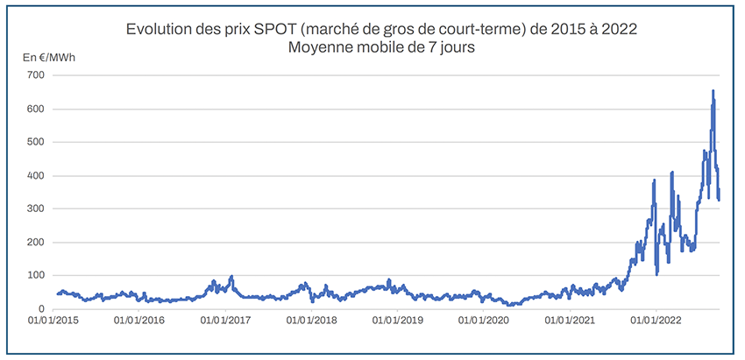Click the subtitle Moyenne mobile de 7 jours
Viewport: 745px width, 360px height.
(380, 48)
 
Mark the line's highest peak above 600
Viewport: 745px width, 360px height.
(713, 91)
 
